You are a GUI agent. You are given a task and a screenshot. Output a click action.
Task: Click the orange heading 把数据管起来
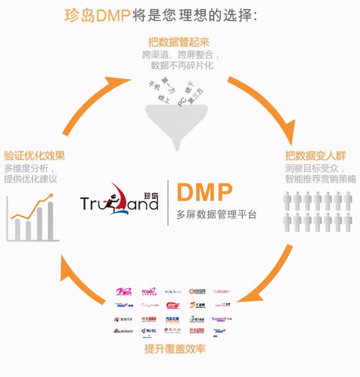[179, 43]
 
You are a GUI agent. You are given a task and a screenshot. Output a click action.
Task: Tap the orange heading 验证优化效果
[34, 155]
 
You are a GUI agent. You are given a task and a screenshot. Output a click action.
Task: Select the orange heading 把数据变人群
[319, 155]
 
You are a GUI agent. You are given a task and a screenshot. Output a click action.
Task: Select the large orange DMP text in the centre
[204, 192]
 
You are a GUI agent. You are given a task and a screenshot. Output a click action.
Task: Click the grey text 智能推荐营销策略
[319, 178]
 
